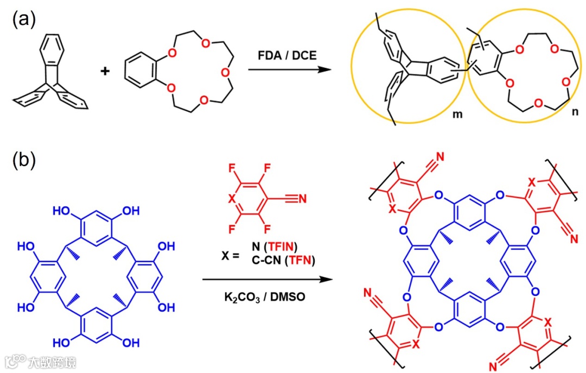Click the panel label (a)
[24, 20]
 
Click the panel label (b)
[24, 161]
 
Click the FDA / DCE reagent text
[288, 55]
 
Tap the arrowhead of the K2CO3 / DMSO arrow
[326, 280]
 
